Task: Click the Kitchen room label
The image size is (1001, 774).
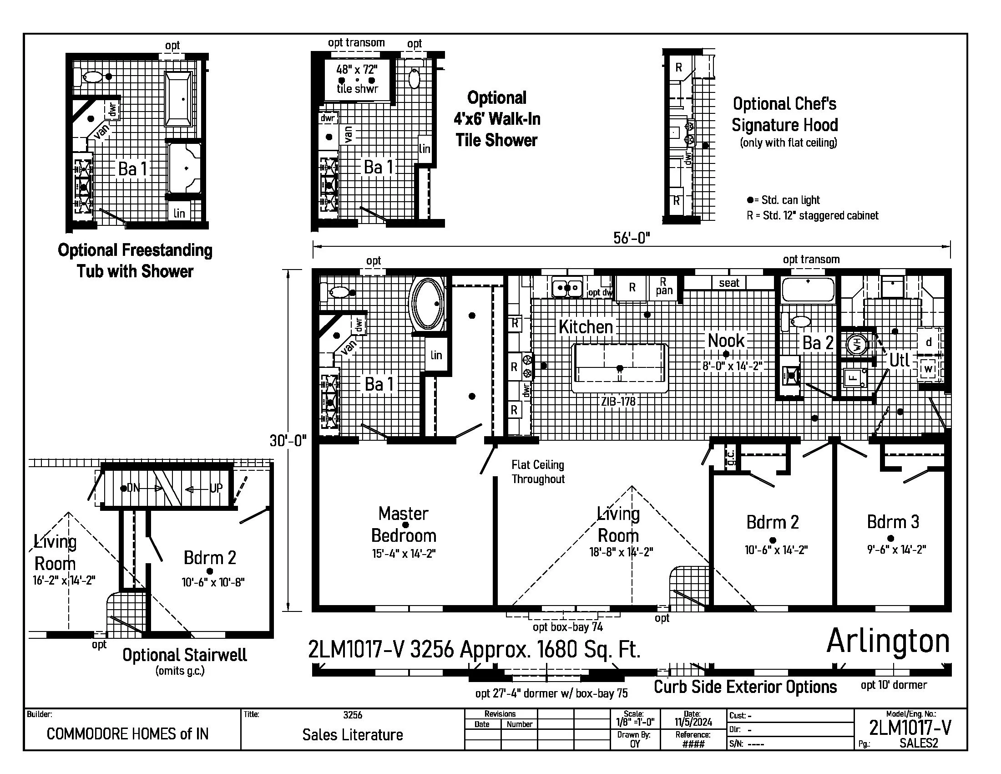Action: pos(585,327)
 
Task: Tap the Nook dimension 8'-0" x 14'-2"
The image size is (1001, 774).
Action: pos(733,366)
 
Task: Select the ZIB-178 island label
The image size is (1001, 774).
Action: pos(618,402)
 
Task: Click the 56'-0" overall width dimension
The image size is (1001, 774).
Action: pos(632,238)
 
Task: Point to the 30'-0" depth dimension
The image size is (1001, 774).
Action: pos(288,441)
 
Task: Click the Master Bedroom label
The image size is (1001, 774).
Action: pos(403,524)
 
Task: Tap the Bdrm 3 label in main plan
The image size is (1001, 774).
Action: pos(893,522)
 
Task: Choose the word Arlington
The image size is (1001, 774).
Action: pos(888,641)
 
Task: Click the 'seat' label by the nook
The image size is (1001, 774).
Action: pos(729,283)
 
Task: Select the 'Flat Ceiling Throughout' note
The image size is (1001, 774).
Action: pos(538,472)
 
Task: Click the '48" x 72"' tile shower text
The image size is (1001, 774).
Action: pos(357,70)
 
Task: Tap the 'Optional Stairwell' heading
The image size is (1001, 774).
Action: pos(184,655)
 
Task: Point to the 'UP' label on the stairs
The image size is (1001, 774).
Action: pos(216,488)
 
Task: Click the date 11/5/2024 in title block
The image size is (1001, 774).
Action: pos(693,722)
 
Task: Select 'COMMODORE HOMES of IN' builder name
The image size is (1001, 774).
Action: pos(127,734)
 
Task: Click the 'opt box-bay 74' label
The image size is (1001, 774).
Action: pos(567,627)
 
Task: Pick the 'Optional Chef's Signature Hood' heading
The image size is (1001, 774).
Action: pos(784,114)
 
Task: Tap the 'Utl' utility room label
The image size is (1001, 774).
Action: pos(899,360)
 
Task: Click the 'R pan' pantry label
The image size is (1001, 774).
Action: pos(663,286)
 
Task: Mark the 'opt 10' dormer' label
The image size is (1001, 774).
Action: pos(893,685)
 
